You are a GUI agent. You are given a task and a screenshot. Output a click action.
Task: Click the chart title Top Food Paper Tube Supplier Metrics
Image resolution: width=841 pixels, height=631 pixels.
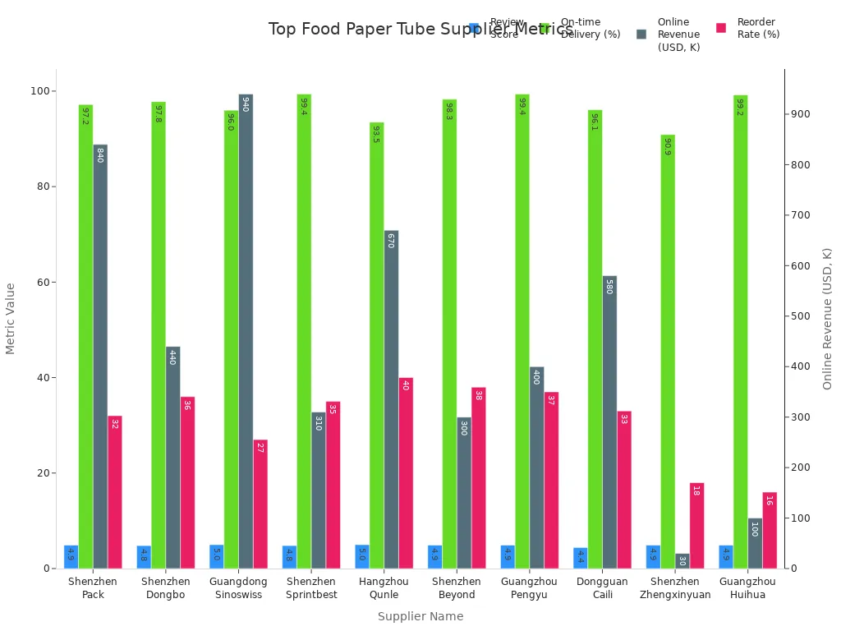(420, 30)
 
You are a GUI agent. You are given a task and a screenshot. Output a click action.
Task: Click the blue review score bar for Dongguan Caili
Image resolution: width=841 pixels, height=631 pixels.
(580, 558)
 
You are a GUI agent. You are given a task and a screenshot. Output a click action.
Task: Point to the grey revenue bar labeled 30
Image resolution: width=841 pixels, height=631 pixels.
(682, 560)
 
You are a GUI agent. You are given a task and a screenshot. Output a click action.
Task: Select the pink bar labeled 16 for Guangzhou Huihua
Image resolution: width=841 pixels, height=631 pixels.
(770, 530)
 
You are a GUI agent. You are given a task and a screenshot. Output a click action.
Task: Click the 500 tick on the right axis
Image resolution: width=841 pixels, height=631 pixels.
(798, 316)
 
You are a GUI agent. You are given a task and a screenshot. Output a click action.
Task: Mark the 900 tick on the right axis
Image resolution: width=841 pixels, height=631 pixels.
(798, 114)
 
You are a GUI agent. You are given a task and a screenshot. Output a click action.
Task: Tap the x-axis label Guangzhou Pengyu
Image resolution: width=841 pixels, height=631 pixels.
(529, 588)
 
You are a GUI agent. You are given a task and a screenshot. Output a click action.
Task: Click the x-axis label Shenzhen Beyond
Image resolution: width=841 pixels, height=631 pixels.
(457, 588)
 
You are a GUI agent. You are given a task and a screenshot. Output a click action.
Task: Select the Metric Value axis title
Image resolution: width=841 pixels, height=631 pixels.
(11, 319)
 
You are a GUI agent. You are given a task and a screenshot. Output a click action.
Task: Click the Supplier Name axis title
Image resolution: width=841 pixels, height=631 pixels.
(420, 616)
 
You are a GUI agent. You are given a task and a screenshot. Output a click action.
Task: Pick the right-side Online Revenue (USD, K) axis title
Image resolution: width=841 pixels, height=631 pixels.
(828, 319)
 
